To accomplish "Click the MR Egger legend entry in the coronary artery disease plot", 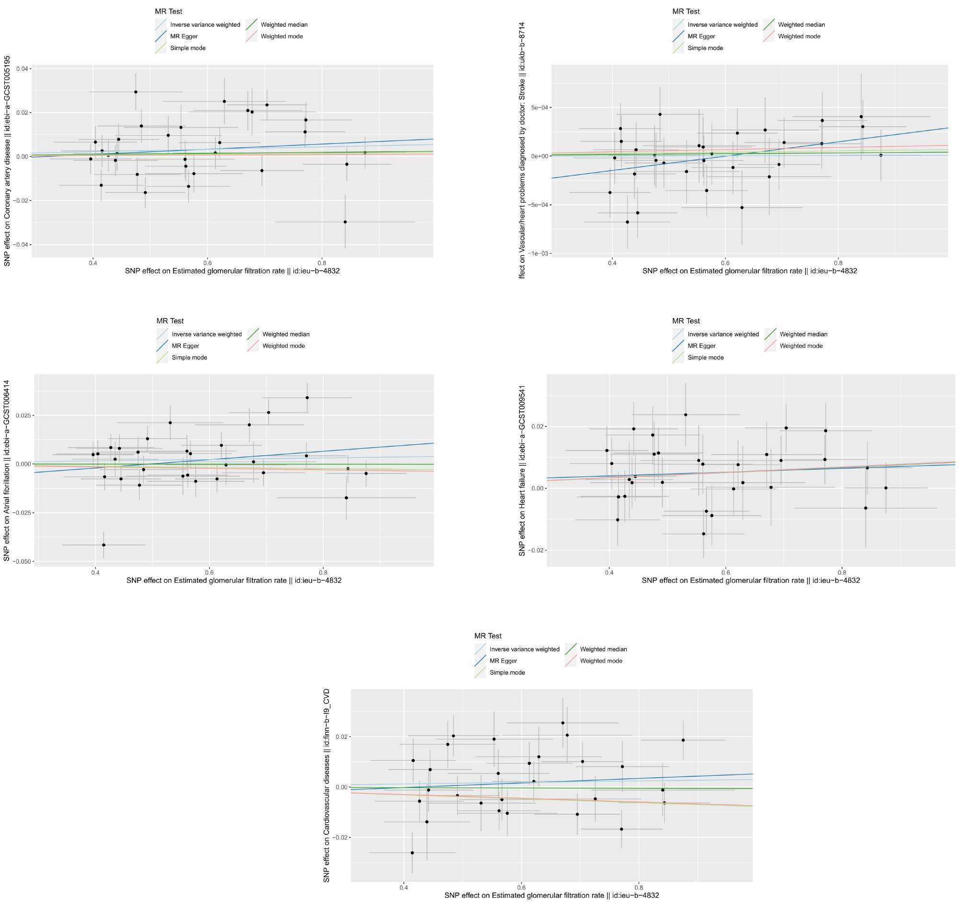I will click(x=183, y=36).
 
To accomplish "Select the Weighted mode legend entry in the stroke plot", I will click(x=799, y=36).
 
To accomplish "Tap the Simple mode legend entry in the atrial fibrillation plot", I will click(x=189, y=357).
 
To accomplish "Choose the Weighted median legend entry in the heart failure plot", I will click(x=803, y=334).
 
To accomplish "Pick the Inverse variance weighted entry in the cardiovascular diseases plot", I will click(x=525, y=649).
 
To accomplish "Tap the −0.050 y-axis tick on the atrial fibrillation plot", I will click(x=22, y=561).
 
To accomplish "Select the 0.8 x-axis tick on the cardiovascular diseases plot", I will click(x=639, y=886).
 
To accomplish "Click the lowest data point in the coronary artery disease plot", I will click(x=345, y=222).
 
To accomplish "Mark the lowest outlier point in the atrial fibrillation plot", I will click(x=104, y=545).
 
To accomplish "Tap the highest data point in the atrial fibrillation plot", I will click(x=307, y=398).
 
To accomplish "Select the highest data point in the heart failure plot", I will click(x=686, y=415).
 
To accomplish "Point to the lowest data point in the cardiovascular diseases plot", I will click(x=412, y=853).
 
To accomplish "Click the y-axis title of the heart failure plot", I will click(x=522, y=471).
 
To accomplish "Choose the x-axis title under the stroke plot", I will click(x=749, y=271).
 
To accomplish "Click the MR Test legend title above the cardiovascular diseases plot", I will click(x=488, y=636).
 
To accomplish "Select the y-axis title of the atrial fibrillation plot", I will click(x=7, y=471).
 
